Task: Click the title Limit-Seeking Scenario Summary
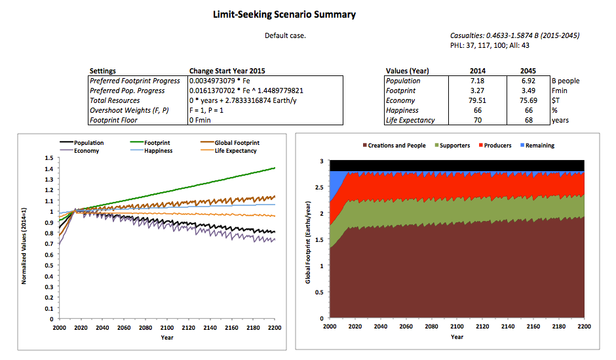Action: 284,14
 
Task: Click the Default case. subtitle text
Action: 285,35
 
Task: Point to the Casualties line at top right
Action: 514,35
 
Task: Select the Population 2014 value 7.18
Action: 478,81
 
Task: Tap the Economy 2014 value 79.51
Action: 478,100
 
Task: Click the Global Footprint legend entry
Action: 237,142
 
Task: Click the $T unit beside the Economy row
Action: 555,100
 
